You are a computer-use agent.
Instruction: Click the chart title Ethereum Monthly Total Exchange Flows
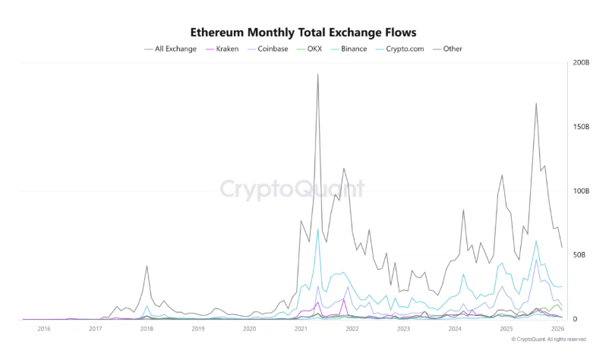[303, 33]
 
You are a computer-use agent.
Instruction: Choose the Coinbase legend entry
[271, 49]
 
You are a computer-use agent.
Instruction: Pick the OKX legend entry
[314, 49]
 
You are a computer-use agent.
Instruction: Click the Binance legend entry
[353, 49]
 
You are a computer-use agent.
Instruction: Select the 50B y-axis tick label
[579, 255]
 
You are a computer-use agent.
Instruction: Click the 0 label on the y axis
[574, 320]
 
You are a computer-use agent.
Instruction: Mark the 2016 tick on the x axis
[43, 329]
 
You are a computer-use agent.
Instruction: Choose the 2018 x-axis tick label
[147, 329]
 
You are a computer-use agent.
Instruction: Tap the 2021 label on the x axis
[301, 329]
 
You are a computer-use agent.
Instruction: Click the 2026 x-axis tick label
[557, 329]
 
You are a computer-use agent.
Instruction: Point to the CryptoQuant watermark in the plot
[292, 188]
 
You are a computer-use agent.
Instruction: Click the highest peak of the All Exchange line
[317, 74]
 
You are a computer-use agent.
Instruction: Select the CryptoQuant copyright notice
[548, 339]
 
